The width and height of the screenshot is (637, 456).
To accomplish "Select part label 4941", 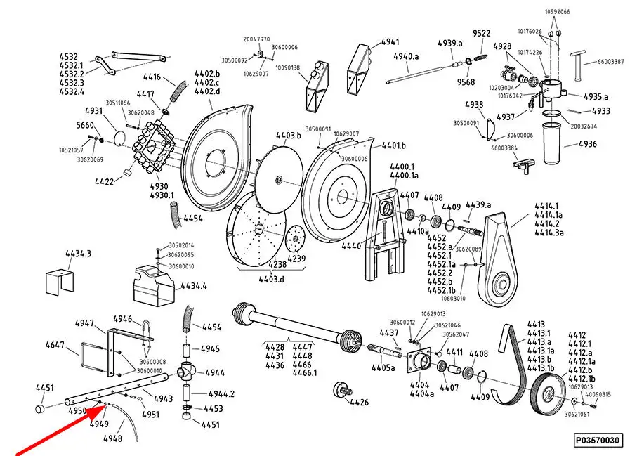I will tap(390, 41).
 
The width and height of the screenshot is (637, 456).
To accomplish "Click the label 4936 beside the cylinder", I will tap(587, 144).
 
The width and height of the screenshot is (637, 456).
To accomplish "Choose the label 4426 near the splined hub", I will tap(359, 403).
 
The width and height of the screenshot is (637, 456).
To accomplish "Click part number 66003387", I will tap(610, 62).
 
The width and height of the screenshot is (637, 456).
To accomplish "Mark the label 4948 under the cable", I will tap(112, 438).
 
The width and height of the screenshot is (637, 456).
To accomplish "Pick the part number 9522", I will tap(482, 33).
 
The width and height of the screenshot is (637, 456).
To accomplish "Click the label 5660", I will tap(85, 125).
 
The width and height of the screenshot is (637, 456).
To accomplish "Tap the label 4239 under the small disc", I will tap(297, 259).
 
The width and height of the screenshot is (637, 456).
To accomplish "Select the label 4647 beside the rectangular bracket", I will tap(55, 345).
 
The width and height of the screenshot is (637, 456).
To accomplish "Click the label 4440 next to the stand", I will tap(350, 246).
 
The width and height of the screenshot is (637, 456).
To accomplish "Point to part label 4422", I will tap(104, 181).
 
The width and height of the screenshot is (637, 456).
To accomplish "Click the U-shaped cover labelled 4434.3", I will tap(59, 280).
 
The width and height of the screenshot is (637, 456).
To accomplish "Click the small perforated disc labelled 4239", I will tap(295, 237).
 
